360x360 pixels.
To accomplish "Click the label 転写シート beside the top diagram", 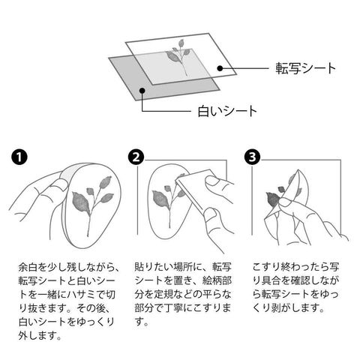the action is pyautogui.click(x=305, y=68).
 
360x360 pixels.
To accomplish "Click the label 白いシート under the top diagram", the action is pyautogui.click(x=227, y=111).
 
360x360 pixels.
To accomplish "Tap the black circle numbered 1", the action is pyautogui.click(x=19, y=157).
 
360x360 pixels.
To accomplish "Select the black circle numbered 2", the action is pyautogui.click(x=136, y=157).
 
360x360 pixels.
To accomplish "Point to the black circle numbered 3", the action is pyautogui.click(x=252, y=157).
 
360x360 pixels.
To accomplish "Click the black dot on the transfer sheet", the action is pyautogui.click(x=220, y=68).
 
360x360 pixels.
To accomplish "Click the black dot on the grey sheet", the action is pyautogui.click(x=142, y=90).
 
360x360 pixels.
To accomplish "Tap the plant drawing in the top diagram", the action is pyautogui.click(x=179, y=56).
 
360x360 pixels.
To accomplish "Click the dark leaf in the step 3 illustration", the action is pyautogui.click(x=272, y=199).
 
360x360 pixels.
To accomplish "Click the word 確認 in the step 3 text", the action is pyautogui.click(x=301, y=280).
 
